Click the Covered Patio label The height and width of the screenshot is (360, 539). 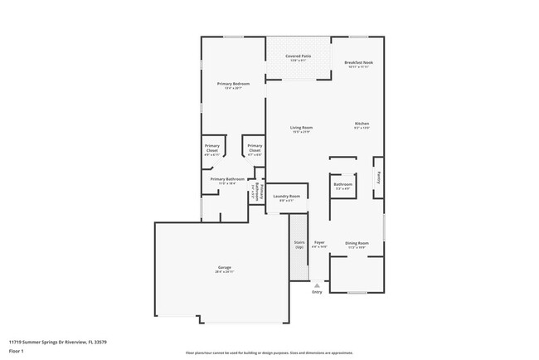[x=299, y=56]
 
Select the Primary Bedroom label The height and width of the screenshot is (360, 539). [x=233, y=85]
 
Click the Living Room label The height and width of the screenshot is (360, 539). [x=301, y=128]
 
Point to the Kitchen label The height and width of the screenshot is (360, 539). [x=362, y=124]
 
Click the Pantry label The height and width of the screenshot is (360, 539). [x=379, y=177]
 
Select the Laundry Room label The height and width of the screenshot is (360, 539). [x=286, y=197]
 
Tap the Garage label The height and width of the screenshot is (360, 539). [x=225, y=267]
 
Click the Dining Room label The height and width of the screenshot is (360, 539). [x=357, y=243]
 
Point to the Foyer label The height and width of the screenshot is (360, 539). [x=319, y=243]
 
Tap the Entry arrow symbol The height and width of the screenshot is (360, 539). [x=316, y=285]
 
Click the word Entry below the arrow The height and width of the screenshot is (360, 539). [x=317, y=292]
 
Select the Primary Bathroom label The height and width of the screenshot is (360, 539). [x=226, y=179]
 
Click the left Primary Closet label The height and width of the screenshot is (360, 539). [x=211, y=148]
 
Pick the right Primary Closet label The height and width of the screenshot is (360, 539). [x=255, y=148]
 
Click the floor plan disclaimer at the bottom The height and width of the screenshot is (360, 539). [x=269, y=353]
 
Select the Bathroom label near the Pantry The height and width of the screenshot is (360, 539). [x=343, y=184]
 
